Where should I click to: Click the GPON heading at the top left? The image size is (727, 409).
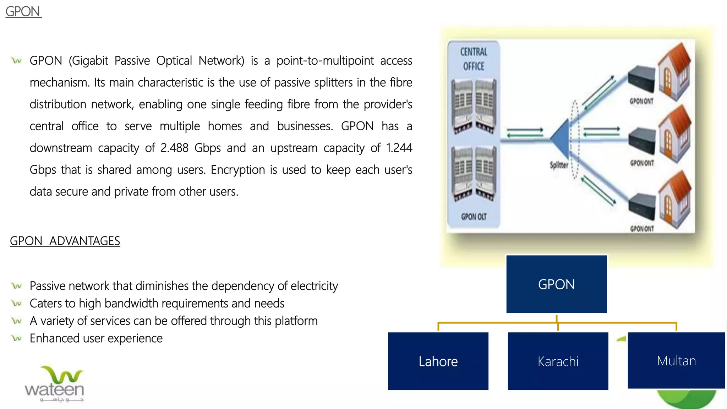(23, 12)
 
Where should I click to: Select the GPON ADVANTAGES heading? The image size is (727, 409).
(65, 241)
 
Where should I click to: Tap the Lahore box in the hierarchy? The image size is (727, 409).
(438, 361)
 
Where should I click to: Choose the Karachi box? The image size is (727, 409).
(558, 361)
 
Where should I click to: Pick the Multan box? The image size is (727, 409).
(676, 360)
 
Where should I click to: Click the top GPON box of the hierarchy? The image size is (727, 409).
(556, 284)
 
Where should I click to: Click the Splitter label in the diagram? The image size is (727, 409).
(559, 165)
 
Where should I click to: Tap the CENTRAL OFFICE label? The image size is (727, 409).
(474, 59)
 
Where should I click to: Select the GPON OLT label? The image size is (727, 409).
(474, 217)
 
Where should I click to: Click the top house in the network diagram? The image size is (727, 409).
(674, 71)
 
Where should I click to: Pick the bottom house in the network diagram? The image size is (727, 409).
(675, 199)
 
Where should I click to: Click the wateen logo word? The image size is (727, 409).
(54, 389)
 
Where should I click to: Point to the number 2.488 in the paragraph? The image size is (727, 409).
(174, 148)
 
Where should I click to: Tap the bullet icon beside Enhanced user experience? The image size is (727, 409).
(17, 338)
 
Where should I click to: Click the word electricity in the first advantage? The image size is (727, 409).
(314, 286)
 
